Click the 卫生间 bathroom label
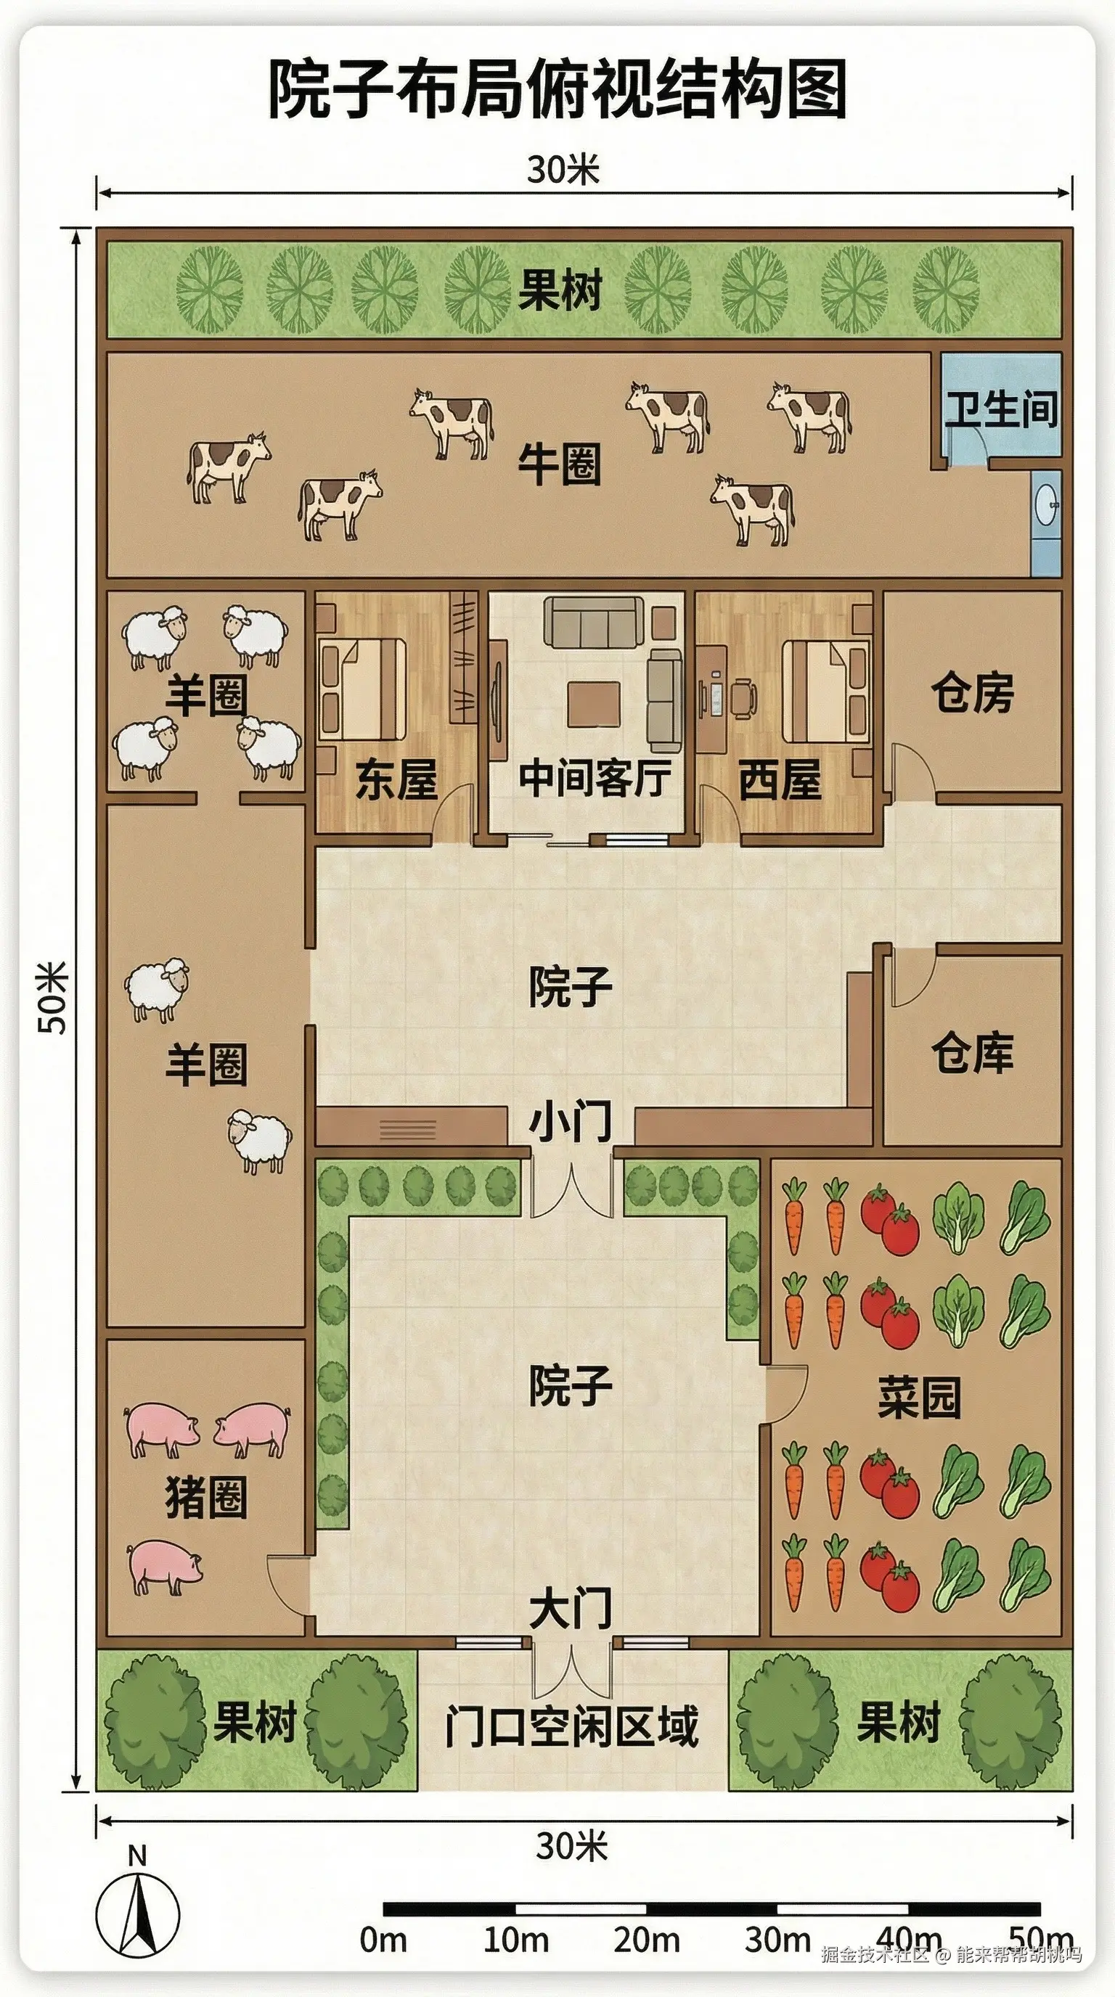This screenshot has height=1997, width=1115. [x=1001, y=409]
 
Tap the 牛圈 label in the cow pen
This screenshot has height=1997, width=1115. [x=559, y=465]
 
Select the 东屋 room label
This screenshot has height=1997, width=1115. [x=396, y=779]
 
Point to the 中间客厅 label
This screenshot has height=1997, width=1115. [x=595, y=778]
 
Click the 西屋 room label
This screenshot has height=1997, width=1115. [x=779, y=779]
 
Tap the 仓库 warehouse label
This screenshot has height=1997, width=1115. [x=972, y=1053]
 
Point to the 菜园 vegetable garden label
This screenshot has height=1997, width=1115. [x=919, y=1397]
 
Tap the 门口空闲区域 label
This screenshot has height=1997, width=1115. [x=571, y=1726]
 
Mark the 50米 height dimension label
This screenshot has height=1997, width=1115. [x=54, y=998]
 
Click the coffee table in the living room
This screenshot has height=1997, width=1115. [x=594, y=703]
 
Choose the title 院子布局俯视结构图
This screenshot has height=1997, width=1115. [x=557, y=91]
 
